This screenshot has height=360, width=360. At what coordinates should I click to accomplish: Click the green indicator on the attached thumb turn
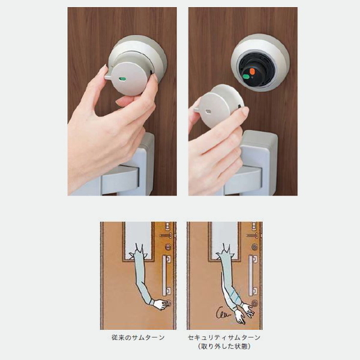[x=121, y=79]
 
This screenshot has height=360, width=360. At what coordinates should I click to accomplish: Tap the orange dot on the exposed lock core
[x=252, y=71]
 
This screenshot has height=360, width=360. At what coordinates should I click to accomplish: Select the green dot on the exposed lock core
[x=246, y=76]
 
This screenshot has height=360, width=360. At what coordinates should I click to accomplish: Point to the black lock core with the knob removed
[x=256, y=70]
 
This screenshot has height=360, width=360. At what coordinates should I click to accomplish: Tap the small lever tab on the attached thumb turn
[x=109, y=76]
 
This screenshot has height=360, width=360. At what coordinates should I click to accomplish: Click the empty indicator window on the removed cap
[x=209, y=112]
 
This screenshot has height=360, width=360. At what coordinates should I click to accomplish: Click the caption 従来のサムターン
[x=138, y=337]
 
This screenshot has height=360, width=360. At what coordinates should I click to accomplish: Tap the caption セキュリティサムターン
[x=224, y=337]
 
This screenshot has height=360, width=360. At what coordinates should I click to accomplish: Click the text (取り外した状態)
[x=224, y=346]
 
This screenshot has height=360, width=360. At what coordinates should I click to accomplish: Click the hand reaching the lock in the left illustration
[x=161, y=305]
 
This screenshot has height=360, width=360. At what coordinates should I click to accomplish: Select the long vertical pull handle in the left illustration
[x=167, y=275]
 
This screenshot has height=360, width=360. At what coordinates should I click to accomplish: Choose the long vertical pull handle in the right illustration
[x=253, y=275]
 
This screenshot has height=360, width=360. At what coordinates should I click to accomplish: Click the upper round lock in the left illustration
[x=168, y=247]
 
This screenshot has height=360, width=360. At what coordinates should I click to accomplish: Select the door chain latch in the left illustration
[x=166, y=235]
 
